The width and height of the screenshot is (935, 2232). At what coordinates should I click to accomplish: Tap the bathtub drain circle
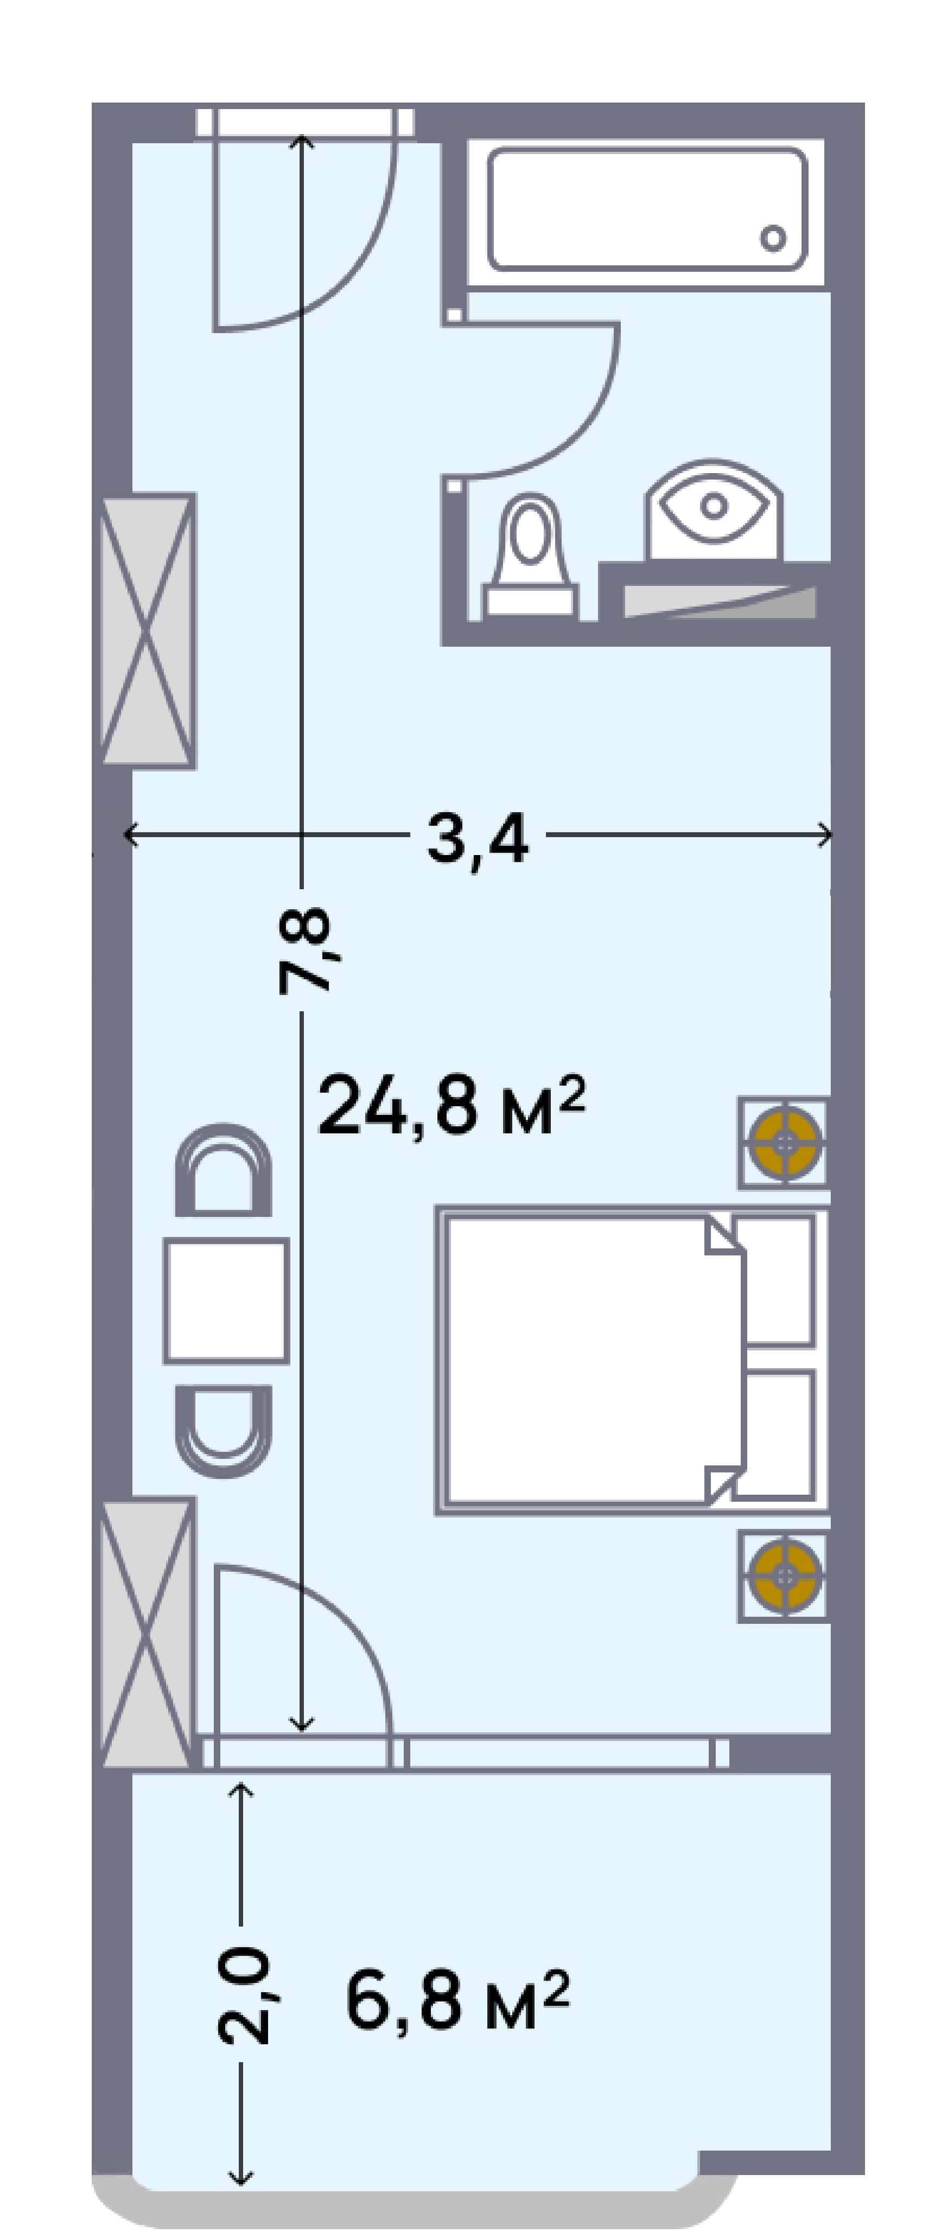[x=773, y=238]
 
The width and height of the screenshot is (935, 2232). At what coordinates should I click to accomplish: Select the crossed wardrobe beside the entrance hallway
[x=145, y=631]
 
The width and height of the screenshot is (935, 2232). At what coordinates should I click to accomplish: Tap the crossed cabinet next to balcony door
[x=145, y=1632]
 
